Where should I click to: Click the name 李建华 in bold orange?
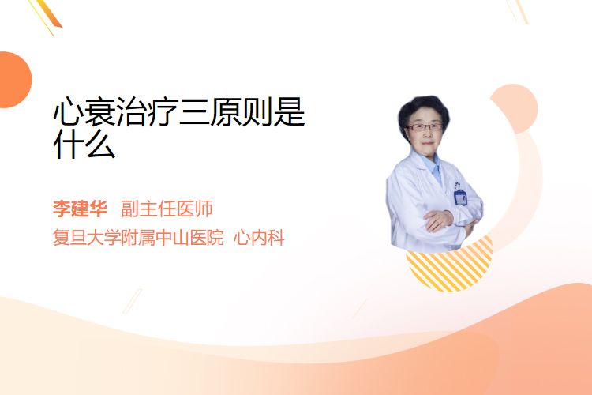(80, 209)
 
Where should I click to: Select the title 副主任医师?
(167, 209)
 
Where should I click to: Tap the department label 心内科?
(259, 238)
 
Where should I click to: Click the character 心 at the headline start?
(68, 112)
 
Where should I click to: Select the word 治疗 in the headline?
(147, 112)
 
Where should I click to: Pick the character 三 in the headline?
(193, 112)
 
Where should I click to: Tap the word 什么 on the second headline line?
(84, 144)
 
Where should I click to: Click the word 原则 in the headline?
(241, 112)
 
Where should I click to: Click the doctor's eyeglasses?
(425, 127)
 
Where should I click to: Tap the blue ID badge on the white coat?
(461, 197)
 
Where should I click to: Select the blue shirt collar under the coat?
(433, 167)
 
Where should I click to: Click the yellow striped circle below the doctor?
(449, 269)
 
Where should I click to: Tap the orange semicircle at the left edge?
(15, 80)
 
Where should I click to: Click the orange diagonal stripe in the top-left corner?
(48, 13)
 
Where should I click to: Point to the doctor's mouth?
(427, 143)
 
